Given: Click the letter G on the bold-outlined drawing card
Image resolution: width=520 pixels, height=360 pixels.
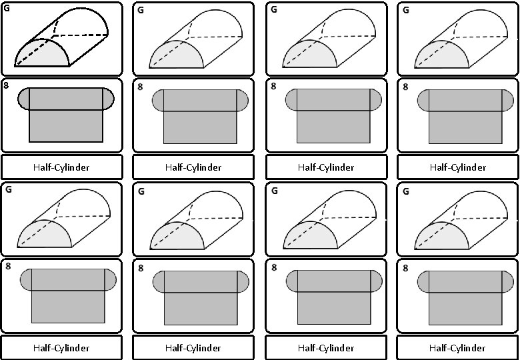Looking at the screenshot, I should coord(7,9).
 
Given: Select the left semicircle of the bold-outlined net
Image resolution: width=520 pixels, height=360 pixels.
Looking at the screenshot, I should coord(23,99).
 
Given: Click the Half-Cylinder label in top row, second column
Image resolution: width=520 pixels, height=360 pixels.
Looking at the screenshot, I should coord(193,167).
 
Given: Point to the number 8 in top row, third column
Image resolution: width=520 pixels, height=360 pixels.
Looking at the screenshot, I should coord(273,86).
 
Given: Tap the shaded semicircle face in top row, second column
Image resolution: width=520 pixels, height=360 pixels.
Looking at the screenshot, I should coord(175,56).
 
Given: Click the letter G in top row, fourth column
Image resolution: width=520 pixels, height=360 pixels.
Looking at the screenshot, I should coord(406,10).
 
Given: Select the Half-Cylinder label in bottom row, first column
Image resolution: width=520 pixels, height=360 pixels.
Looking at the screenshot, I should coord(61,348).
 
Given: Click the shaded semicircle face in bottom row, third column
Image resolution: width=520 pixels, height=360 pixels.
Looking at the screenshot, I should coord(308,236).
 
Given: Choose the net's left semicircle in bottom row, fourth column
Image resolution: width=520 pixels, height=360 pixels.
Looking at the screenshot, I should coord(423,281).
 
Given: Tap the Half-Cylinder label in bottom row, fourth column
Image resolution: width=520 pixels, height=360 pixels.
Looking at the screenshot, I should coord(457,348).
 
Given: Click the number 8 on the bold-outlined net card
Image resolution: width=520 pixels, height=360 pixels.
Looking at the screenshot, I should coord(6,85).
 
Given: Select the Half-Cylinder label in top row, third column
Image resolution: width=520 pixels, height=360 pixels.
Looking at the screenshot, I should coord(325,167).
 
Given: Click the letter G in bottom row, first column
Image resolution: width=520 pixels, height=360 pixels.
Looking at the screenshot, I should coord(8,189).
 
